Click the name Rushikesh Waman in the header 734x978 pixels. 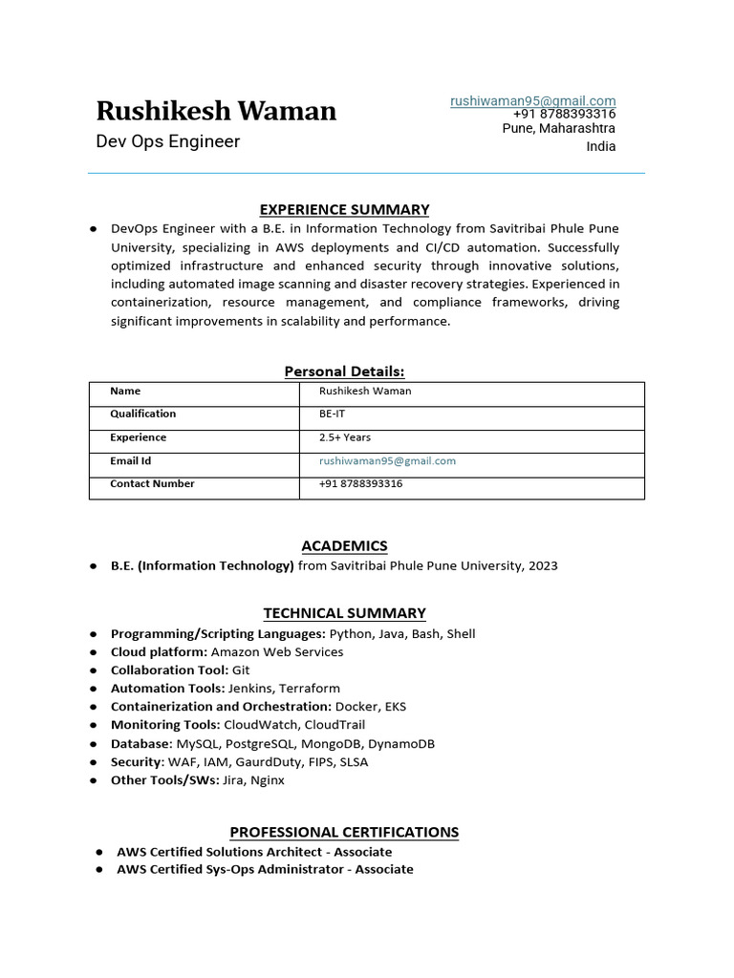(216, 112)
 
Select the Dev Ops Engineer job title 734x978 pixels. (168, 142)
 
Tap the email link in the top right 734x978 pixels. (533, 100)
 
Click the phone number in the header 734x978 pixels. (564, 115)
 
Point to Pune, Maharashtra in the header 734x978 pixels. (559, 129)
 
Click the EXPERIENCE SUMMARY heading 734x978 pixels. (345, 209)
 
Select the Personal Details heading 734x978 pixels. (344, 372)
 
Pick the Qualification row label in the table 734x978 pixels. (143, 415)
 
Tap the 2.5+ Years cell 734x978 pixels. (346, 437)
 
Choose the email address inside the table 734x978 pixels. (387, 460)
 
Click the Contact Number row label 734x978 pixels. (152, 483)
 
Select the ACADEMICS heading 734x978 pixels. (344, 546)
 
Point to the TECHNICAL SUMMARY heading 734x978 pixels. (344, 613)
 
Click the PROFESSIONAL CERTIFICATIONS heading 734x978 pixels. (344, 832)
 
